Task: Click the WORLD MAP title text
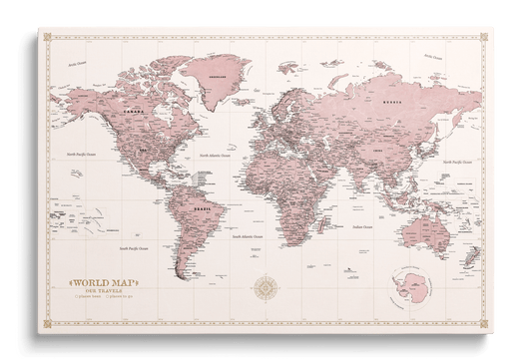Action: [x=101, y=283]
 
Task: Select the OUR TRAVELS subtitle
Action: [x=101, y=291]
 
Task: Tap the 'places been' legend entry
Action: [x=84, y=297]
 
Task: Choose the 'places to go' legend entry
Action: [x=119, y=297]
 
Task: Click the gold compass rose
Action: [x=266, y=289]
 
